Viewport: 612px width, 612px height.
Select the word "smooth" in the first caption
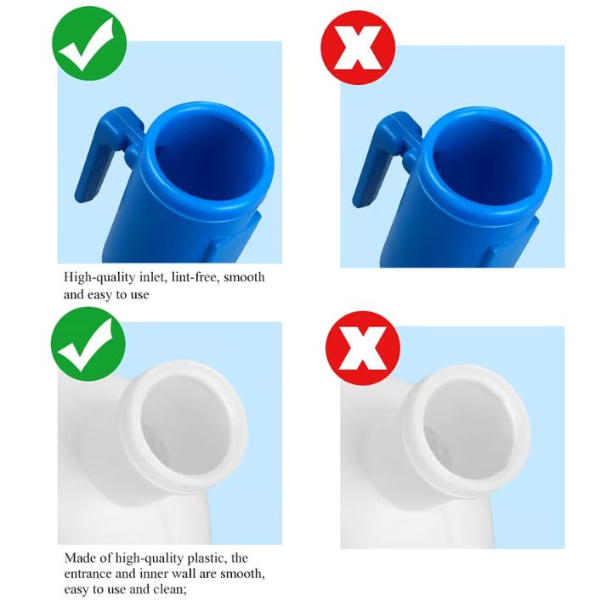pos(244,277)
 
